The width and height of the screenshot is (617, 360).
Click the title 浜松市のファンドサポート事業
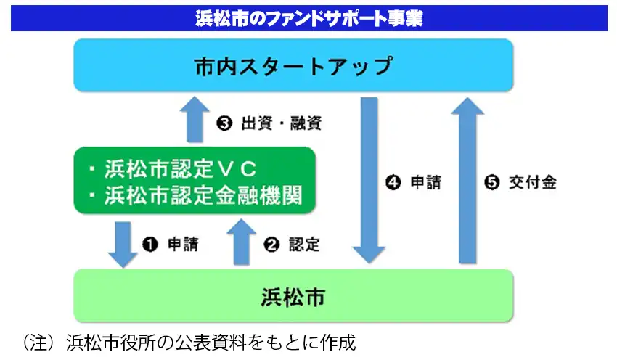(x=309, y=18)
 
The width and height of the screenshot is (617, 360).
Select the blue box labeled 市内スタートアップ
(x=293, y=65)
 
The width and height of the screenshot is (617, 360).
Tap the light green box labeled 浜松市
(x=293, y=296)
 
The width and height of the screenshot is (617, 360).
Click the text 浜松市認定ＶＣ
(x=180, y=169)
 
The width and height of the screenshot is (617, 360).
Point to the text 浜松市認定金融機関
(x=203, y=195)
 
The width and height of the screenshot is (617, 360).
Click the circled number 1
(x=150, y=245)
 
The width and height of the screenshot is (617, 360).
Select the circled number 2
(x=271, y=245)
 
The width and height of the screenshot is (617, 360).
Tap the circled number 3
(x=224, y=123)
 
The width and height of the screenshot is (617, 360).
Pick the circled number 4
(x=393, y=183)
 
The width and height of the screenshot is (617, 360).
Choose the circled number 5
(x=492, y=183)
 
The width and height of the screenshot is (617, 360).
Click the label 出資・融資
(x=282, y=123)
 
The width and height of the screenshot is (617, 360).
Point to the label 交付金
(x=533, y=183)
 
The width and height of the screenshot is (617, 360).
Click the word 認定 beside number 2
(x=304, y=245)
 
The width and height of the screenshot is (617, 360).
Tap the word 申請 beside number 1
(x=183, y=245)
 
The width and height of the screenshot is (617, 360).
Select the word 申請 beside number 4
(x=426, y=183)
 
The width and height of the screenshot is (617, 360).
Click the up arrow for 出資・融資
(x=195, y=120)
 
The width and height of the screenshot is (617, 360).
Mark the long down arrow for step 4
(x=369, y=180)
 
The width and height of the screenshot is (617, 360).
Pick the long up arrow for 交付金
(x=467, y=180)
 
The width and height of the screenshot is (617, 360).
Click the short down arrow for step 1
(x=123, y=245)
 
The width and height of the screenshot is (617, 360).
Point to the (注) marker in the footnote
(x=38, y=343)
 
